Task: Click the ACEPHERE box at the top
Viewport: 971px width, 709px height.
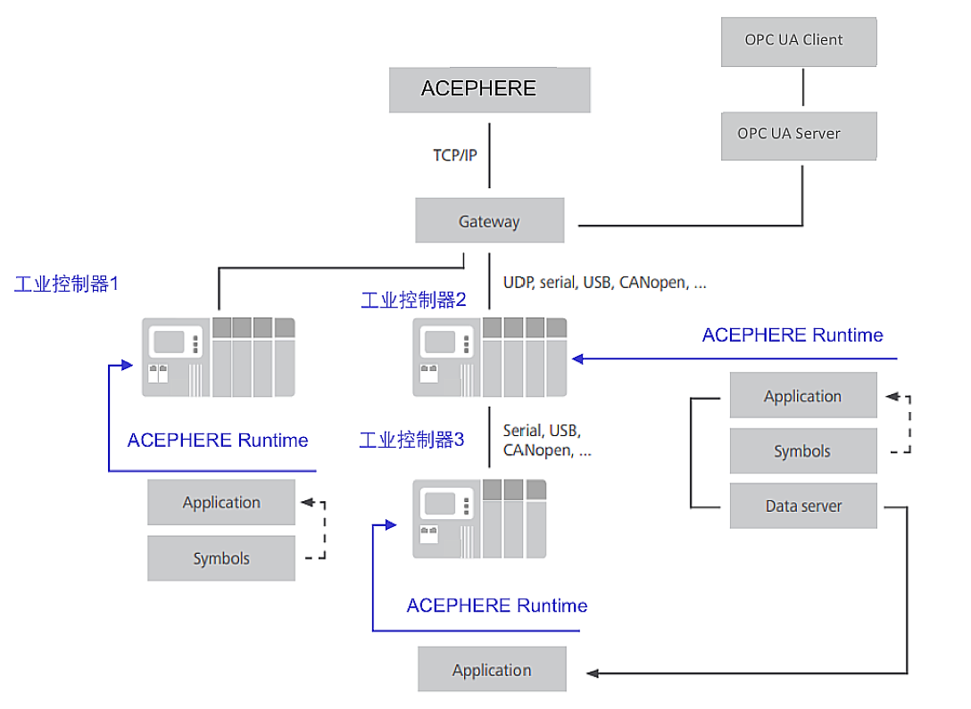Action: (489, 89)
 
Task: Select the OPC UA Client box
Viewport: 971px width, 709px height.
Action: (799, 41)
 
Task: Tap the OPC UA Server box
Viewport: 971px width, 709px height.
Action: (799, 135)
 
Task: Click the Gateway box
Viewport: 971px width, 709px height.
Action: (489, 221)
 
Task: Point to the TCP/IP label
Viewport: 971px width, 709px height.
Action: (455, 155)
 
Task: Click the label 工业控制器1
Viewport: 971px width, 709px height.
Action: (67, 284)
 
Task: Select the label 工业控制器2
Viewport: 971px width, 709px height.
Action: (413, 300)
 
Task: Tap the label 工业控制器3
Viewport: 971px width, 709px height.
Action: (411, 440)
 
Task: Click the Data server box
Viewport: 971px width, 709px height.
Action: (803, 506)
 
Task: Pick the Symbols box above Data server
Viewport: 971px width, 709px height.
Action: (803, 451)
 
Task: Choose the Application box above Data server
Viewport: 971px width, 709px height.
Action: (803, 396)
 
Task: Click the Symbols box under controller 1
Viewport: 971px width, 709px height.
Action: (221, 558)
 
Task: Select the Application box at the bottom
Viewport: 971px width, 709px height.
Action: (492, 670)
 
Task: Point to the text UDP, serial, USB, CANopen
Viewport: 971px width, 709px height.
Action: (604, 283)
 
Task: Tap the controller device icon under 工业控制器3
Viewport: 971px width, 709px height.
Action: (479, 518)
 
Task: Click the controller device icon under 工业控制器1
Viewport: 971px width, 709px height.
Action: (219, 357)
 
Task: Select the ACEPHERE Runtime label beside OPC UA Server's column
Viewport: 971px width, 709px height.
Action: (793, 335)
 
